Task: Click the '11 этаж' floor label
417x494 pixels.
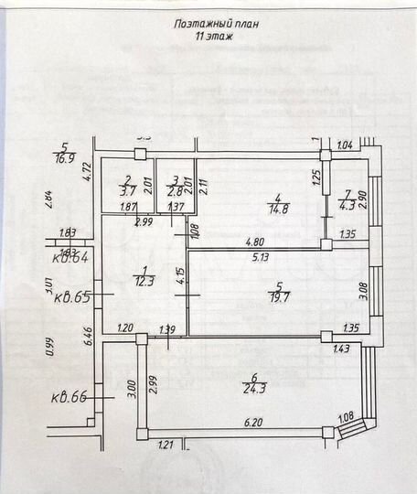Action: [211, 38]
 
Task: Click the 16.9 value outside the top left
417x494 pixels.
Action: [65, 157]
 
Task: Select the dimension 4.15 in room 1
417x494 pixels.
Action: [180, 276]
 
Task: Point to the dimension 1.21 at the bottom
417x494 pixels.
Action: [165, 446]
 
